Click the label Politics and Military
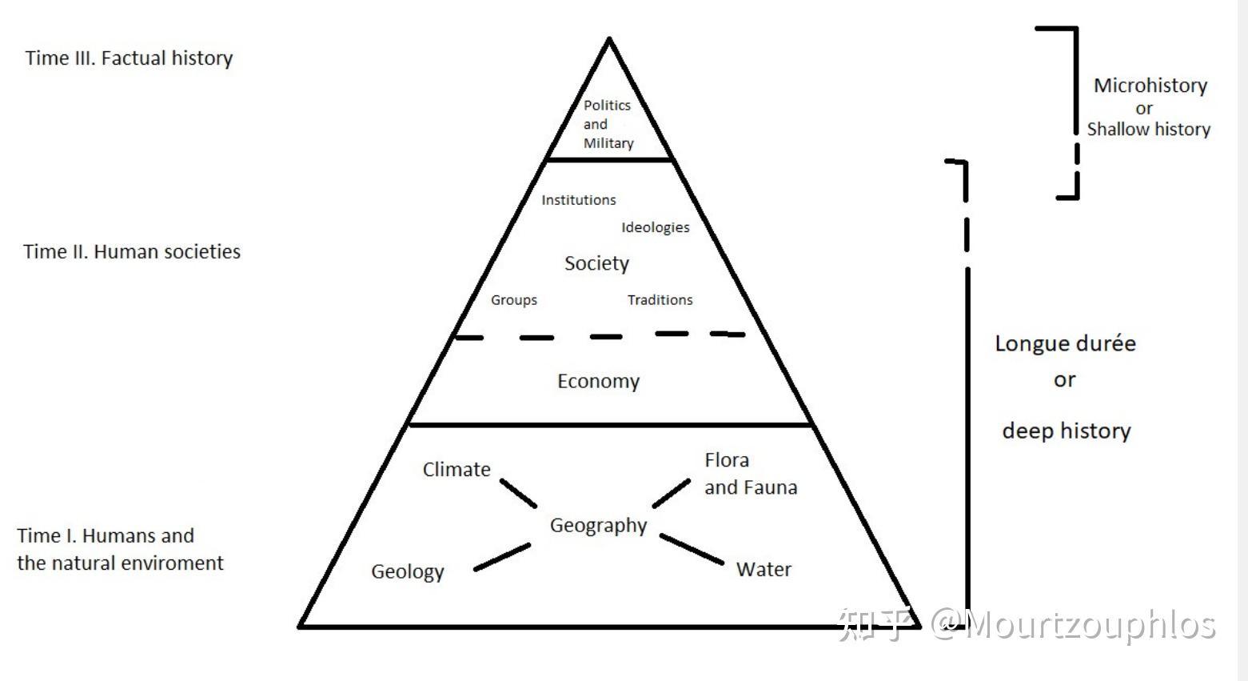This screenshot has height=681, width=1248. tap(608, 124)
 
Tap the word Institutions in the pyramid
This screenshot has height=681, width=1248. tap(579, 200)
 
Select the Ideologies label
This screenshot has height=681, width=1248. tap(656, 227)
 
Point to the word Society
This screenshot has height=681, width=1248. tap(596, 263)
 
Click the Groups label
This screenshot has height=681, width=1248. tap(514, 300)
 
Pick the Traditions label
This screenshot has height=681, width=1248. tap(660, 300)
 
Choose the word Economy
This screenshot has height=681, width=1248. tap(598, 381)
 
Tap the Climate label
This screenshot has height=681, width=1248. tap(457, 470)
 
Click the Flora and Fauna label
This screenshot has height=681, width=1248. tap(750, 474)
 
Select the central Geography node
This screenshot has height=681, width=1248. tap(598, 526)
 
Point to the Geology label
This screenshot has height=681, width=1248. tap(407, 572)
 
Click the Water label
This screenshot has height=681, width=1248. tap(764, 570)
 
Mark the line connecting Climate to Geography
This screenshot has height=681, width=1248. tap(518, 493)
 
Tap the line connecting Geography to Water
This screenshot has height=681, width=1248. tap(692, 550)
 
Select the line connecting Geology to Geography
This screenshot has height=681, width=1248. tap(502, 557)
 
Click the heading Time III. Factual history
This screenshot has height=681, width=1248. tap(129, 58)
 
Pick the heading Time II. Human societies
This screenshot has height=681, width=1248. tap(132, 252)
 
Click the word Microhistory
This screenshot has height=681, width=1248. tap(1150, 86)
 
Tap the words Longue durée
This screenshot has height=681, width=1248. tap(1065, 343)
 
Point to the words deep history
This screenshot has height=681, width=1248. tap(1067, 431)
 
